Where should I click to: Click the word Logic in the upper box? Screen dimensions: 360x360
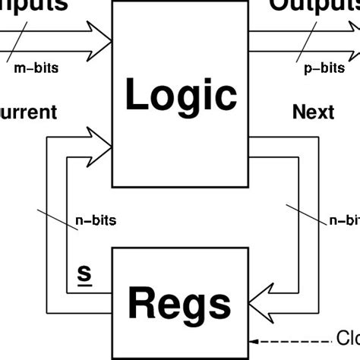click(181, 96)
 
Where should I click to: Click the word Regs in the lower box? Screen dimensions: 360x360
click(179, 303)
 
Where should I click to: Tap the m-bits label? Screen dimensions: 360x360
click(36, 68)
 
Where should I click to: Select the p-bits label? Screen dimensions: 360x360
click(324, 68)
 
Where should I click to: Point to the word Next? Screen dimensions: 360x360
click(313, 112)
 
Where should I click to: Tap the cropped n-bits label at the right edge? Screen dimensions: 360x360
click(344, 221)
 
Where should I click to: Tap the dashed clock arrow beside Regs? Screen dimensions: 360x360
click(289, 339)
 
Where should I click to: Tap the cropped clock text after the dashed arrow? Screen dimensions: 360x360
click(348, 339)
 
